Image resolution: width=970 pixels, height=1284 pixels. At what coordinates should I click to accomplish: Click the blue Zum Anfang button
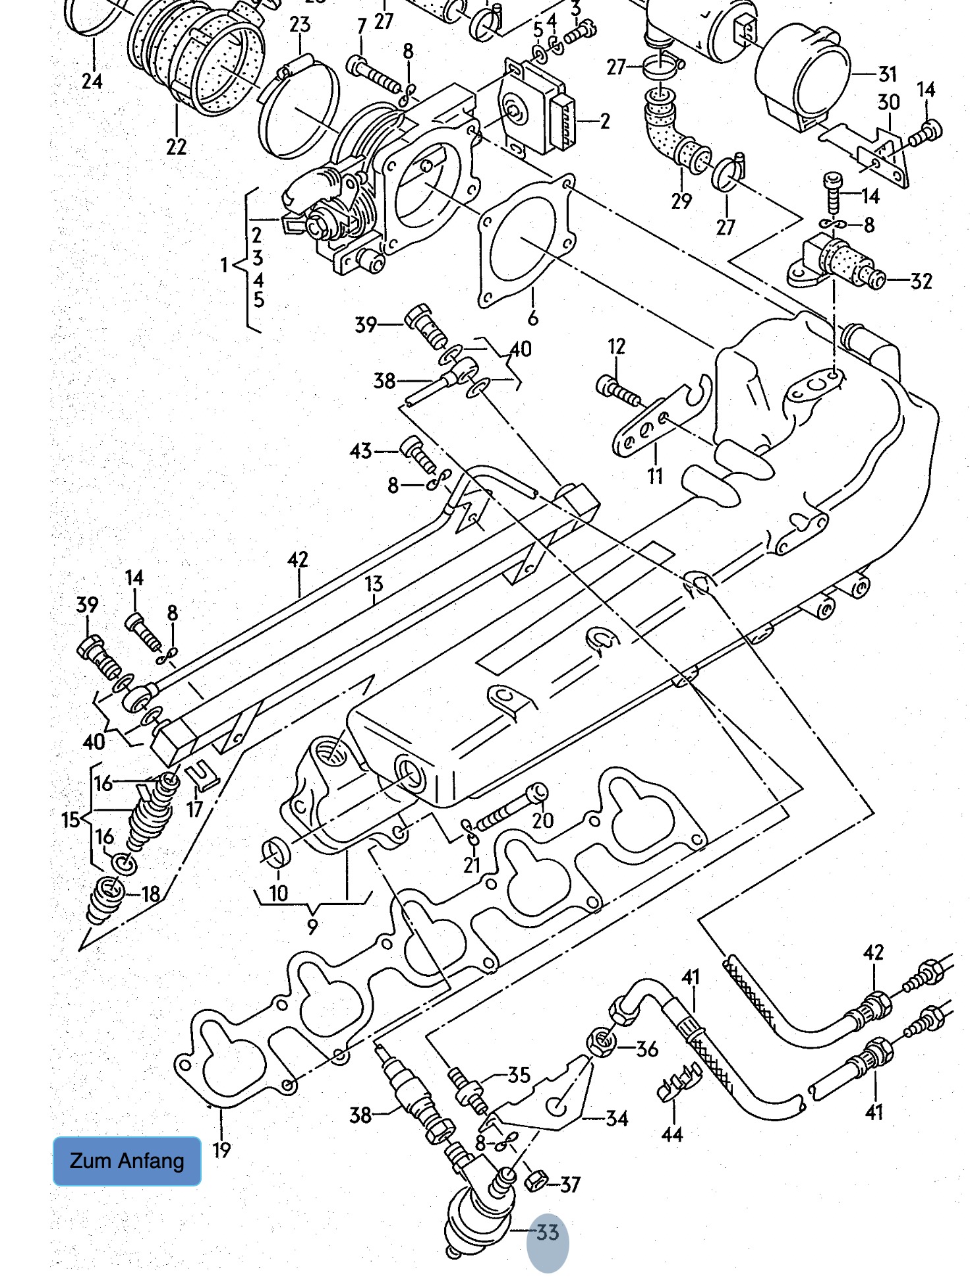(x=127, y=1161)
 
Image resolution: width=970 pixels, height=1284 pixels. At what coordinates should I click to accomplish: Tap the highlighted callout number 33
(x=548, y=1232)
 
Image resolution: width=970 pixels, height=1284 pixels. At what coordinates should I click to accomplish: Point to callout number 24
(x=92, y=82)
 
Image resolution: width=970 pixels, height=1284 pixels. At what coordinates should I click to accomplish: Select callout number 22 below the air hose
(x=176, y=146)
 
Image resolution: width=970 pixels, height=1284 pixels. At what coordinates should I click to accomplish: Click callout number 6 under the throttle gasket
(x=532, y=318)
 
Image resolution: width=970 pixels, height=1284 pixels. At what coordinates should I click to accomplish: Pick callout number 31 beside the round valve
(x=888, y=74)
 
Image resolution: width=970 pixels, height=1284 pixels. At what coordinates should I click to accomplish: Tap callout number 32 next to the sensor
(x=921, y=281)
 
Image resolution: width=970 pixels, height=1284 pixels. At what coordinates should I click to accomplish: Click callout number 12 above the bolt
(x=616, y=347)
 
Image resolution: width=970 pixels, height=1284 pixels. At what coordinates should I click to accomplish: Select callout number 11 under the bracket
(x=654, y=475)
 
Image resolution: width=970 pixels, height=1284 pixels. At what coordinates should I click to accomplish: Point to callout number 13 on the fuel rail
(x=374, y=583)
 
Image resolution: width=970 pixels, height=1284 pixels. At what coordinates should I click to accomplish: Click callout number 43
(x=360, y=451)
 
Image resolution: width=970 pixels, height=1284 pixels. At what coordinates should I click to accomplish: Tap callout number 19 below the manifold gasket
(x=221, y=1150)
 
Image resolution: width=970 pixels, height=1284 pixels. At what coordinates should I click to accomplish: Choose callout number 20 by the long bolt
(x=543, y=820)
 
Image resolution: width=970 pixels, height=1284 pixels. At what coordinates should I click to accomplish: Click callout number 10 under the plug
(x=278, y=893)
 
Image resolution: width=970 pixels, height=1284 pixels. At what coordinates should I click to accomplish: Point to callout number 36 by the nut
(x=647, y=1049)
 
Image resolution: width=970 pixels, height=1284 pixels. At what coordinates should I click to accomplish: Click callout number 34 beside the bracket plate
(x=617, y=1118)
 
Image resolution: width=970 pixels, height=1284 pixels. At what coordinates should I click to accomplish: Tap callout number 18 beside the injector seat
(x=151, y=894)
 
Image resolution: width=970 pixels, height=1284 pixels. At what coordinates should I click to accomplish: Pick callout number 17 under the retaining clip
(x=194, y=809)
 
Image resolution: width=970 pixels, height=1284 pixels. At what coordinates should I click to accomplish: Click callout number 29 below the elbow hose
(x=681, y=201)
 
